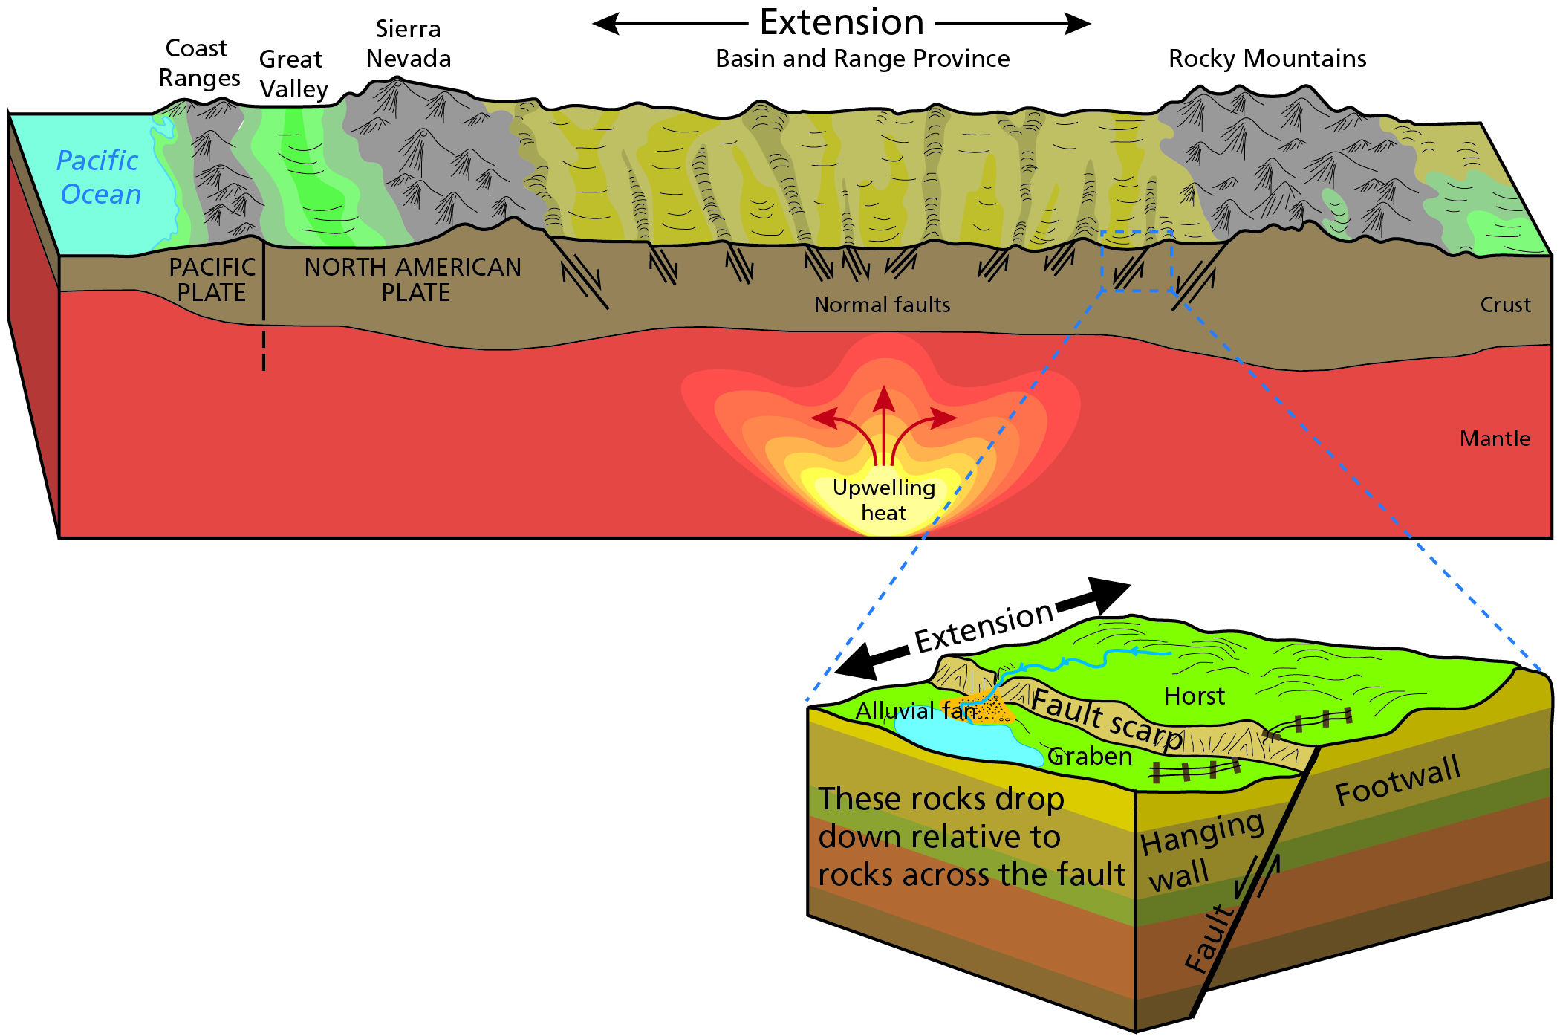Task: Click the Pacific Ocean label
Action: (99, 177)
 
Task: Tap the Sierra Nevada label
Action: (409, 44)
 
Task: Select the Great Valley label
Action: (293, 74)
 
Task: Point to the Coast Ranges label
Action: (199, 63)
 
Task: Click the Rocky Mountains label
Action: (1267, 59)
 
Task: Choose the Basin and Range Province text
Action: (862, 59)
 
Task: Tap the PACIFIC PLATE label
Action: (212, 279)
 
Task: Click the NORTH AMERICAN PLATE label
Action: (413, 279)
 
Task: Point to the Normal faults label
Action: (882, 305)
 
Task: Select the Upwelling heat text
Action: (883, 500)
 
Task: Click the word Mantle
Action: (1495, 438)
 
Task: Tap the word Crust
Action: (1505, 305)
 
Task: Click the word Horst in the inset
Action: (1194, 696)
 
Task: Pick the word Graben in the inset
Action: (1090, 757)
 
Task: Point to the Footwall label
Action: (1397, 780)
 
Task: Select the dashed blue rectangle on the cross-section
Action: (1137, 232)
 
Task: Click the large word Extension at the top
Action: (842, 22)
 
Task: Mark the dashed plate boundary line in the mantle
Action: (264, 350)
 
